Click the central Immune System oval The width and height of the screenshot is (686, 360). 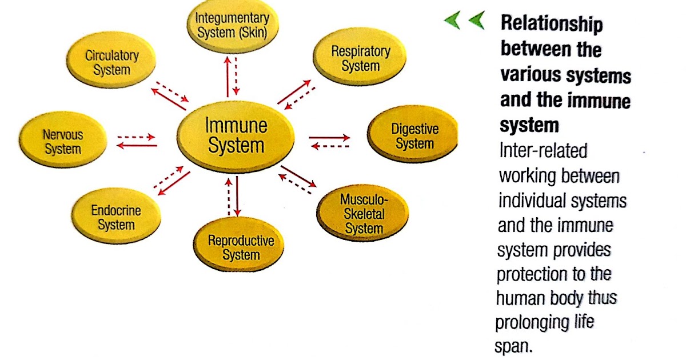[x=236, y=135]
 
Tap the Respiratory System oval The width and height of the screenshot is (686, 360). [x=360, y=58]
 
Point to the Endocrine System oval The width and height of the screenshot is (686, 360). [x=115, y=218]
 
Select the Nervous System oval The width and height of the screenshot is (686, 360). [x=63, y=142]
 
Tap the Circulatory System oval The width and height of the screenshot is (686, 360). [x=111, y=63]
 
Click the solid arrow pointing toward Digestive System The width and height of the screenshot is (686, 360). [x=329, y=137]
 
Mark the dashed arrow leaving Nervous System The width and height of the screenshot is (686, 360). [x=136, y=137]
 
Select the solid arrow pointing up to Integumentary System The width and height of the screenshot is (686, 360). [x=228, y=77]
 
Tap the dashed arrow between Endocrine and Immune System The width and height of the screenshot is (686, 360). [x=168, y=176]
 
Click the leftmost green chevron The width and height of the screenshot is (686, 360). [x=452, y=22]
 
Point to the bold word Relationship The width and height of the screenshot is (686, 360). [x=551, y=25]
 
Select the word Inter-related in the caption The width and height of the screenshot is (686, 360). [x=543, y=150]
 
